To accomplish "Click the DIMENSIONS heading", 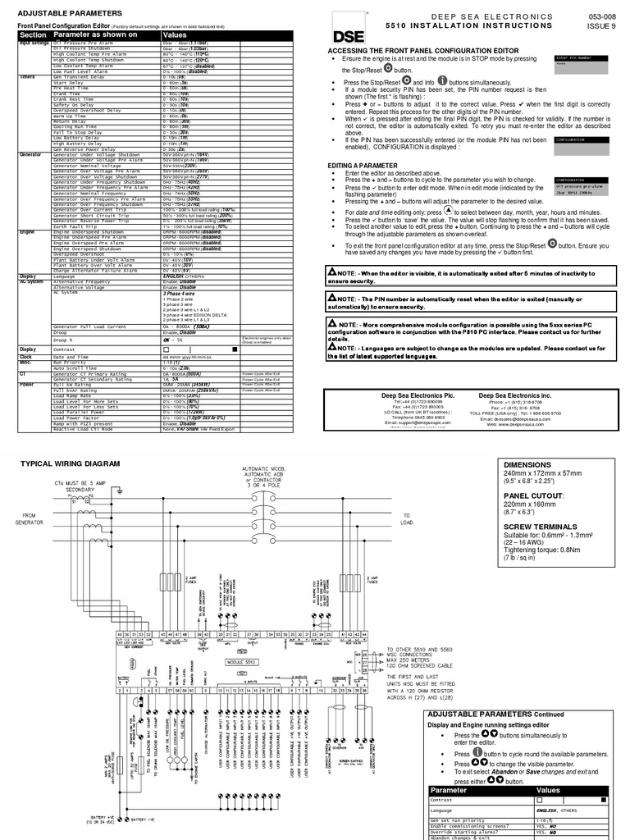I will click(x=527, y=464).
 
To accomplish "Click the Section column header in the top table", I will click(x=33, y=36).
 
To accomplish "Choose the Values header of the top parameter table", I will click(x=175, y=36).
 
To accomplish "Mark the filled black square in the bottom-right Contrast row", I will click(x=603, y=799).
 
